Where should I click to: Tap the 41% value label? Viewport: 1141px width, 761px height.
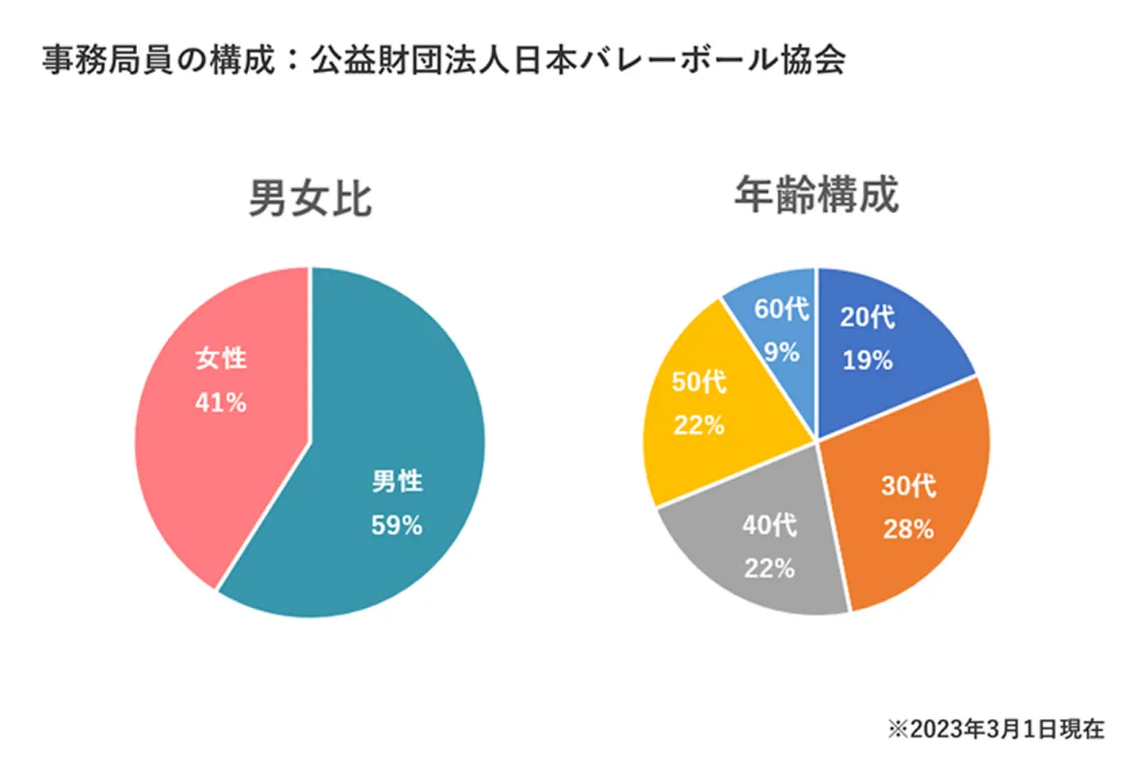220,403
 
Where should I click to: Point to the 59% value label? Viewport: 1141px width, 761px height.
396,525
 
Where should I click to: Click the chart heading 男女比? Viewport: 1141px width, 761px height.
310,197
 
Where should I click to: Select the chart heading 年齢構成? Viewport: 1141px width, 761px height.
816,194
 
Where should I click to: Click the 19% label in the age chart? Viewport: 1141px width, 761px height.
867,361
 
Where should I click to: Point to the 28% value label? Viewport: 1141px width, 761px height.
908,529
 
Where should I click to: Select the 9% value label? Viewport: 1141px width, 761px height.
781,352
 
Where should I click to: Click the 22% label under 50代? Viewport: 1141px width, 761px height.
699,425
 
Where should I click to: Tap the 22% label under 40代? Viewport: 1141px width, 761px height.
769,568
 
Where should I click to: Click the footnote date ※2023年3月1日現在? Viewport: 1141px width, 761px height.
995,728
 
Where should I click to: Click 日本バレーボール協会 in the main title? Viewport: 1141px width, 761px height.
680,60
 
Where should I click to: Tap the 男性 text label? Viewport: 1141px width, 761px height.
397,481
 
